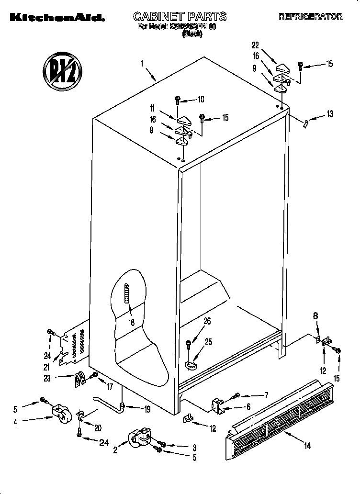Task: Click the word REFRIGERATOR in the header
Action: [x=310, y=16]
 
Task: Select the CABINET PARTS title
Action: [x=179, y=16]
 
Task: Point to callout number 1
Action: [x=142, y=63]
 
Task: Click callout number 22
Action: [x=255, y=45]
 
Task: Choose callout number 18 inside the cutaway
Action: [x=131, y=322]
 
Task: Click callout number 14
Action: [x=307, y=446]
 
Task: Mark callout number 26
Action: [x=207, y=321]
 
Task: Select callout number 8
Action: [x=315, y=316]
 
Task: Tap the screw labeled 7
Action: [x=237, y=395]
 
